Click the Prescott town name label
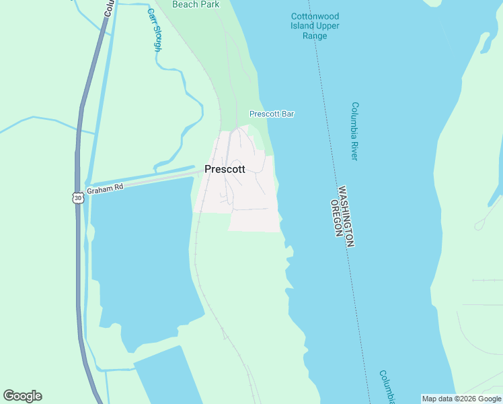point(225,170)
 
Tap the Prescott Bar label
point(272,114)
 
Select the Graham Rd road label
point(106,188)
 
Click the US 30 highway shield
point(78,198)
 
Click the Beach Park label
point(196,5)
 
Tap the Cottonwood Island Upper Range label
point(315,26)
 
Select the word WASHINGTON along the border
point(346,217)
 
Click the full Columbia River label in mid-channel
point(354,131)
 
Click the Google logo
point(23,396)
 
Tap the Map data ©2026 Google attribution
point(461,399)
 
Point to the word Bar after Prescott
point(287,114)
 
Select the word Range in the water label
point(315,36)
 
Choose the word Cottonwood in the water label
point(315,16)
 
